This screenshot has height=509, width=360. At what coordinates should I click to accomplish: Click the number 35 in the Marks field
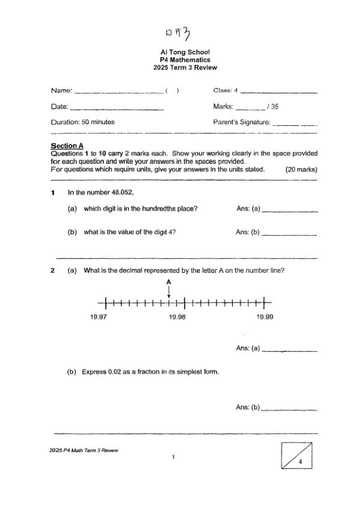click(x=275, y=107)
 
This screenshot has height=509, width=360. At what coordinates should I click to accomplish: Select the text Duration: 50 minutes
click(x=83, y=122)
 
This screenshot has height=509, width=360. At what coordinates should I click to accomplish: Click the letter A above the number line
click(x=169, y=281)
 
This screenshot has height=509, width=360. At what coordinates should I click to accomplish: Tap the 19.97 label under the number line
click(x=98, y=317)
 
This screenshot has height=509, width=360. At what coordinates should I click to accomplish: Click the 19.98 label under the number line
click(x=178, y=317)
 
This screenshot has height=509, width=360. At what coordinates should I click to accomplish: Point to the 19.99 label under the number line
click(x=265, y=317)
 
